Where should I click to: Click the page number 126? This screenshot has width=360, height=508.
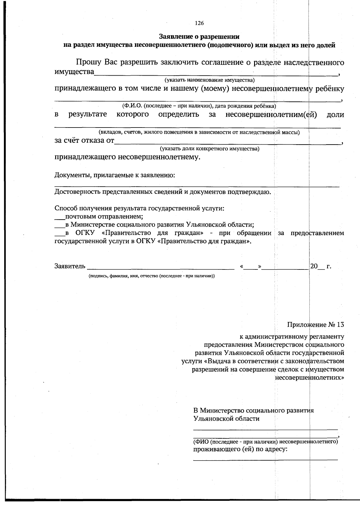[199, 23]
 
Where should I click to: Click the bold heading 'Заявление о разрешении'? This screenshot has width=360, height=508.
[199, 37]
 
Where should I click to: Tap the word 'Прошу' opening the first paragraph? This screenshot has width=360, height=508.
[88, 62]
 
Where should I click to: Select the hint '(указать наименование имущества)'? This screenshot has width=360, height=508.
[209, 80]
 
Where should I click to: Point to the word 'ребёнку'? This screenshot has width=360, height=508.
[329, 89]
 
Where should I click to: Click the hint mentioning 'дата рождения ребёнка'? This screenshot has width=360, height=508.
[199, 106]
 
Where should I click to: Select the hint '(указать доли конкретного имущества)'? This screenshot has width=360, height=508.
[209, 149]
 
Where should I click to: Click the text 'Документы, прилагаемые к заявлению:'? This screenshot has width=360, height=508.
[115, 175]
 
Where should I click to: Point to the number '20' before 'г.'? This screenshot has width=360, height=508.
[314, 266]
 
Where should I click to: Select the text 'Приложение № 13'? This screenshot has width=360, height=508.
[316, 325]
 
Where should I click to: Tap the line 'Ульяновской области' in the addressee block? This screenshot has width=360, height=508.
[226, 419]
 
